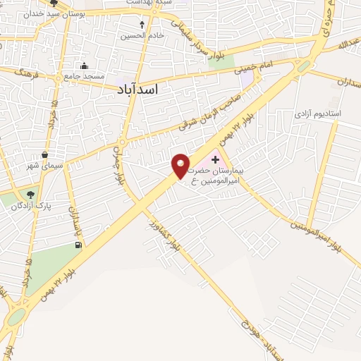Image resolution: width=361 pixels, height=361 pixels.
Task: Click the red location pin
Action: [x=181, y=166]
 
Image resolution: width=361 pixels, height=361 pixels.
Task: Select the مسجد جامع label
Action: [x=85, y=75]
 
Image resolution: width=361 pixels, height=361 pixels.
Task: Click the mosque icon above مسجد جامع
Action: [x=85, y=66]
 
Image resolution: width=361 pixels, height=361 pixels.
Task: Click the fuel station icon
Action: [x=77, y=245]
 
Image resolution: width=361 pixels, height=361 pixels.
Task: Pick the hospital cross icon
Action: [x=215, y=160]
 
